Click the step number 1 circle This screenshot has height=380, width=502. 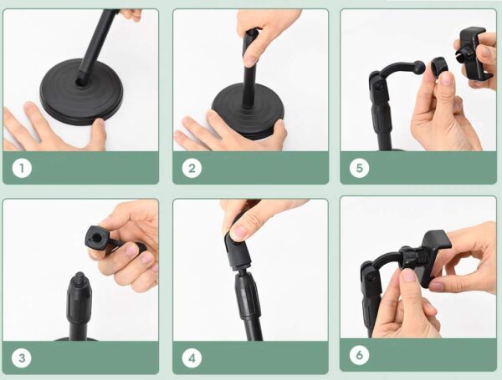click(x=23, y=168)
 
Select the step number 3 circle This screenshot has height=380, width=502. click(x=23, y=358)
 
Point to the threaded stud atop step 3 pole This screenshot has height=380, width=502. click(x=77, y=279)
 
